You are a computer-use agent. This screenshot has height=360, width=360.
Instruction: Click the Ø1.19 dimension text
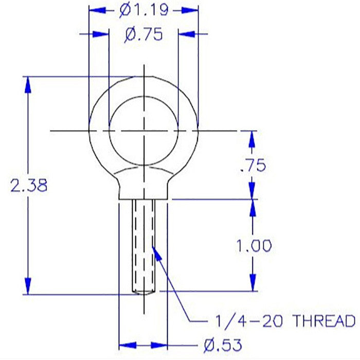pyautogui.click(x=144, y=11)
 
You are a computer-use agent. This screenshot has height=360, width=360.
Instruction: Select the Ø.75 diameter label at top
pyautogui.click(x=143, y=34)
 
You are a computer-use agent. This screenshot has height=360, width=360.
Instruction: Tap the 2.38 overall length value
pyautogui.click(x=29, y=185)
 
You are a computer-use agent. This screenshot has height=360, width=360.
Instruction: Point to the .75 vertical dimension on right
pyautogui.click(x=253, y=165)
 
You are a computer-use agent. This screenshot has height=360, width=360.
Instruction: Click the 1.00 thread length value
pyautogui.click(x=254, y=246)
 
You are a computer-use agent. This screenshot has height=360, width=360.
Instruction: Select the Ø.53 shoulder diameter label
pyautogui.click(x=223, y=345)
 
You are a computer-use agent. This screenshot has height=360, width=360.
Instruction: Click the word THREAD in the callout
pyautogui.click(x=325, y=321)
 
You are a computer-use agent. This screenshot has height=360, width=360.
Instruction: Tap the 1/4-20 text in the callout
pyautogui.click(x=249, y=321)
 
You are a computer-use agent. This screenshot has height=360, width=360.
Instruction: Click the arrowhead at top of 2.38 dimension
pyautogui.click(x=28, y=85)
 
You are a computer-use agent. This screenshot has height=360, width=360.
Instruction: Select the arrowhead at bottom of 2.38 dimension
pyautogui.click(x=28, y=286)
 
